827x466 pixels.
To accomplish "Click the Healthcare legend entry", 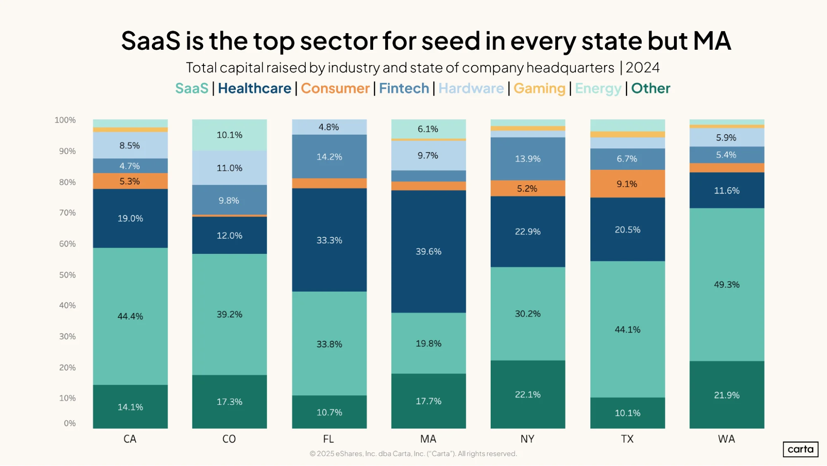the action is point(254,88).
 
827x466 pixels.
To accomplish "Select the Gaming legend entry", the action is point(539,89).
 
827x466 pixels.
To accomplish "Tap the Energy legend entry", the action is point(598,89).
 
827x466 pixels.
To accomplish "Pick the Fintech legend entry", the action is point(404,88).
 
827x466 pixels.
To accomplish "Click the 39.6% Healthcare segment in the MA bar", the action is point(429,251).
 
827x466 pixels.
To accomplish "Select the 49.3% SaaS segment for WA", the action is point(727,285).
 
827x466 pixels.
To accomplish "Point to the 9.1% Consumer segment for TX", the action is point(628,184).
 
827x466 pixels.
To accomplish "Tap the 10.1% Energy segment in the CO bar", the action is point(230,135).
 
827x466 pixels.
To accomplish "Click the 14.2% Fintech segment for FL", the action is point(329,157).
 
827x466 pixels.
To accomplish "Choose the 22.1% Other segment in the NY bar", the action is point(528,394).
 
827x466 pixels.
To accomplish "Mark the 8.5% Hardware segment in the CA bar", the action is point(130,145).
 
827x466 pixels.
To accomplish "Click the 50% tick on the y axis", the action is point(67,275).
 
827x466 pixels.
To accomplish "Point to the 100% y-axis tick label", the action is point(65,120).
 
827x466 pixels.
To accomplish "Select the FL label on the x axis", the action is point(328,439).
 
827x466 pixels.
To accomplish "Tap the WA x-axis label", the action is point(726,439).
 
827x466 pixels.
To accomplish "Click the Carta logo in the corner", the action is point(801,449).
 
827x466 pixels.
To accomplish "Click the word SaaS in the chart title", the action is point(151,41).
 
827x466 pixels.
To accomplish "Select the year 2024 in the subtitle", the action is point(642,68).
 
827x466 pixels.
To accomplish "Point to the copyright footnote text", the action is point(413,454).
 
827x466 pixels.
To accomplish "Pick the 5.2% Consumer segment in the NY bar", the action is point(528,188).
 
